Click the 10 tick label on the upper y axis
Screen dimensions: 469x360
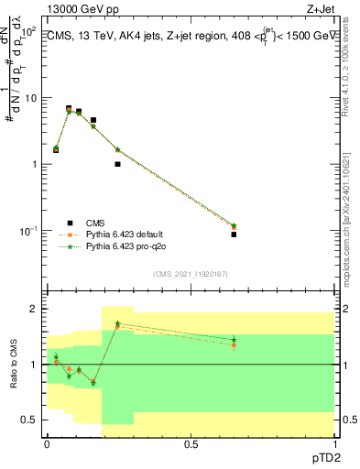pos(32,98)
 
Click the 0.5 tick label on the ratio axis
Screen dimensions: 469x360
pos(30,420)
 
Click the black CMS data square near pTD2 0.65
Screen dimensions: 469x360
pos(234,234)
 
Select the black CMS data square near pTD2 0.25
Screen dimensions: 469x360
pos(117,164)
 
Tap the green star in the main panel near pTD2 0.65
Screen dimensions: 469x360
pos(234,225)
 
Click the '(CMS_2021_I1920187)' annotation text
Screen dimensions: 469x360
pos(190,274)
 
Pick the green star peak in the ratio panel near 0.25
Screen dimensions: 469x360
pos(117,323)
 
